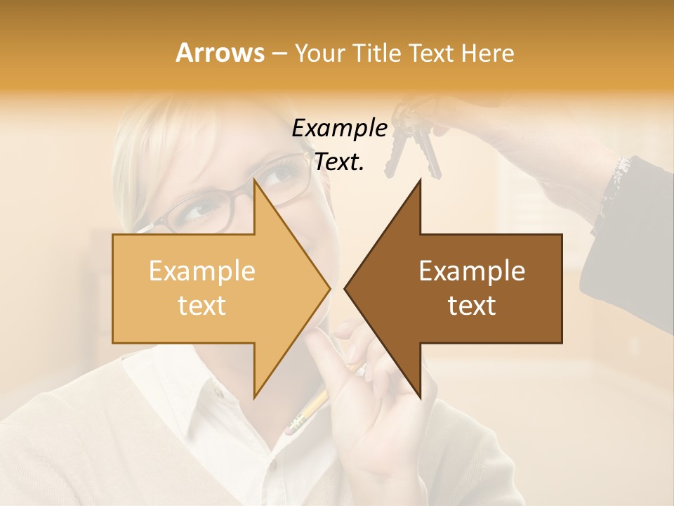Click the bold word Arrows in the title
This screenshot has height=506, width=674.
(x=220, y=53)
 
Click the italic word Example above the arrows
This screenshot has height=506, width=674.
(x=339, y=129)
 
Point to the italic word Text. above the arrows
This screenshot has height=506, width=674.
(x=339, y=162)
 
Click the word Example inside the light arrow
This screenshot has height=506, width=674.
(x=202, y=271)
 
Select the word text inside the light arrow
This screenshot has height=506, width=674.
(x=202, y=306)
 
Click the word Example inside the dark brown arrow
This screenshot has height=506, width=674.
(x=472, y=271)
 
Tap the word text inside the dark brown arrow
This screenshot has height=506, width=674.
(x=472, y=306)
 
